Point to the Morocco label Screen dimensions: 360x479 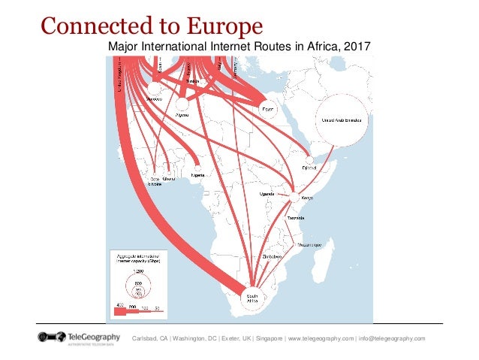pyautogui.click(x=156, y=99)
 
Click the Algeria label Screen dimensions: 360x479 pyautogui.click(x=181, y=116)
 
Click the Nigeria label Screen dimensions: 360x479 pyautogui.click(x=198, y=175)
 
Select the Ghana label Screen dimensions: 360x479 pyautogui.click(x=169, y=178)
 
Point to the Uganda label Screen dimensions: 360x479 pyautogui.click(x=267, y=194)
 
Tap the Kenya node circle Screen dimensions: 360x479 pyautogui.click(x=293, y=198)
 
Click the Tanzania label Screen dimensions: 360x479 pyautogui.click(x=297, y=218)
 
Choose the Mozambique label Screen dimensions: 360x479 pyautogui.click(x=311, y=244)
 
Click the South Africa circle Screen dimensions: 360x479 pyautogui.click(x=252, y=297)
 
